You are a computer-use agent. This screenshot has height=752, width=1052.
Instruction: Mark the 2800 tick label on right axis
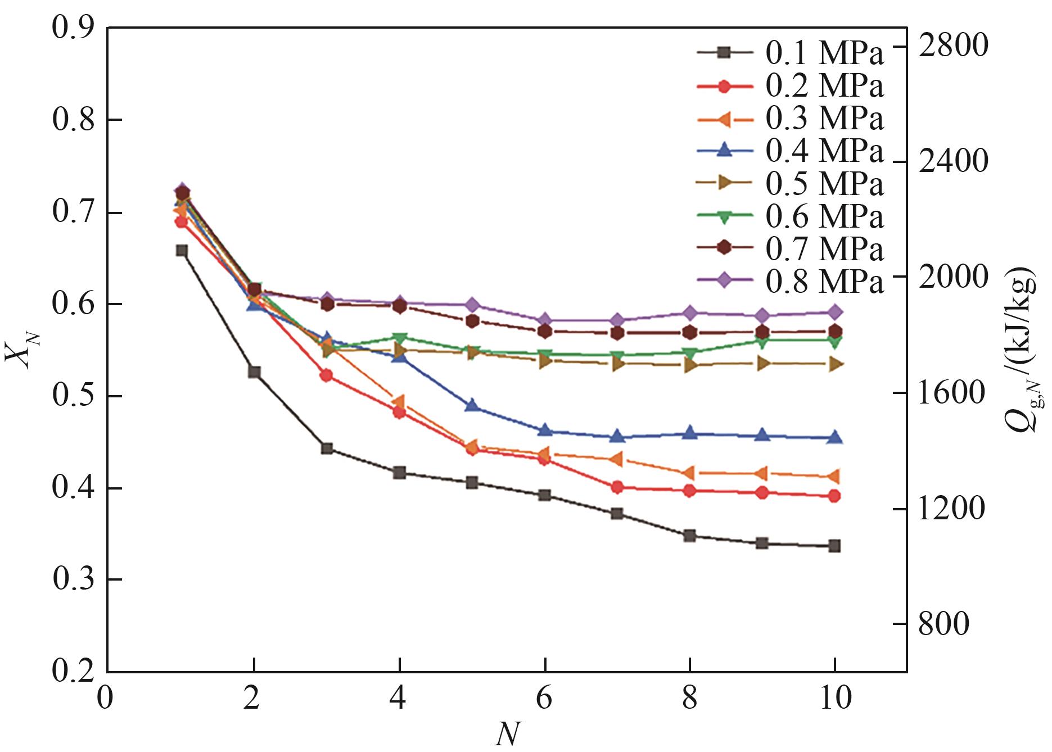tap(952, 45)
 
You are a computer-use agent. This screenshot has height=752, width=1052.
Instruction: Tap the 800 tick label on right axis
tap(943, 624)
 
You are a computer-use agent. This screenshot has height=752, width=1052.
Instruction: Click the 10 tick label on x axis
tap(835, 699)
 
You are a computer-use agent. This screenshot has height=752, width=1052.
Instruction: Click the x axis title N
tap(507, 734)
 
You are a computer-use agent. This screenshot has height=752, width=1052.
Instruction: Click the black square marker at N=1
tap(182, 251)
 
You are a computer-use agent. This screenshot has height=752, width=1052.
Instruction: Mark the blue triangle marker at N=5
tap(472, 405)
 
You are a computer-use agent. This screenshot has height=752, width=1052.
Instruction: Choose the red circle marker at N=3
tap(327, 375)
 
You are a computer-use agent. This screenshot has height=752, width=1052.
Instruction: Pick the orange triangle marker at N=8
tap(689, 473)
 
